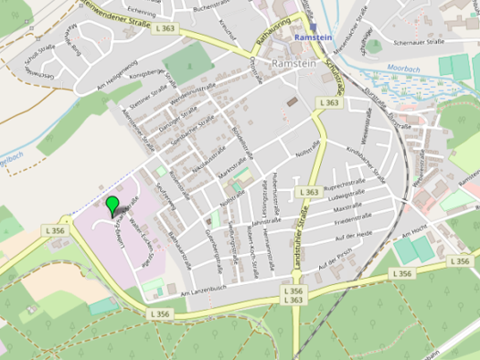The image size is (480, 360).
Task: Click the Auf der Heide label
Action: click(x=349, y=234)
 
